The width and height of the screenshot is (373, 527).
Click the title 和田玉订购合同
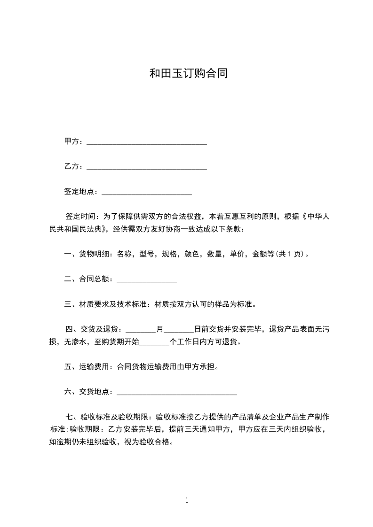(189, 73)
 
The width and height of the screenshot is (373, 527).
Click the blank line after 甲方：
(147, 142)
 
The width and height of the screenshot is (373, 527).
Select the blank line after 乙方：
(147, 167)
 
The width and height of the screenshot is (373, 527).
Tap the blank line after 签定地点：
(147, 192)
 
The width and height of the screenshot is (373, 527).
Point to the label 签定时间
(80, 217)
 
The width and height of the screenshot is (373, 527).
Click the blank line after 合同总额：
(146, 279)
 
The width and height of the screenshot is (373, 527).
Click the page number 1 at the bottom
(187, 500)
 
